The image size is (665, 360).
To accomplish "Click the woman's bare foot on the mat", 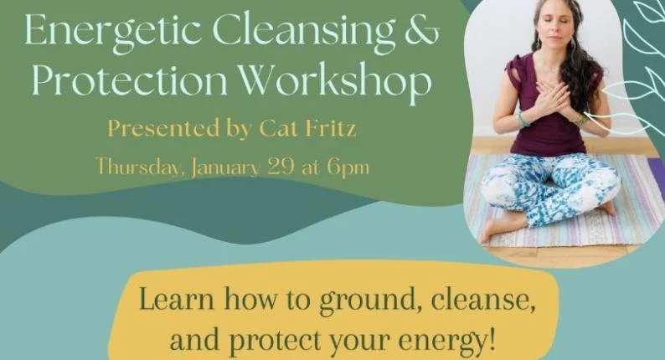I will click(x=493, y=229).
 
